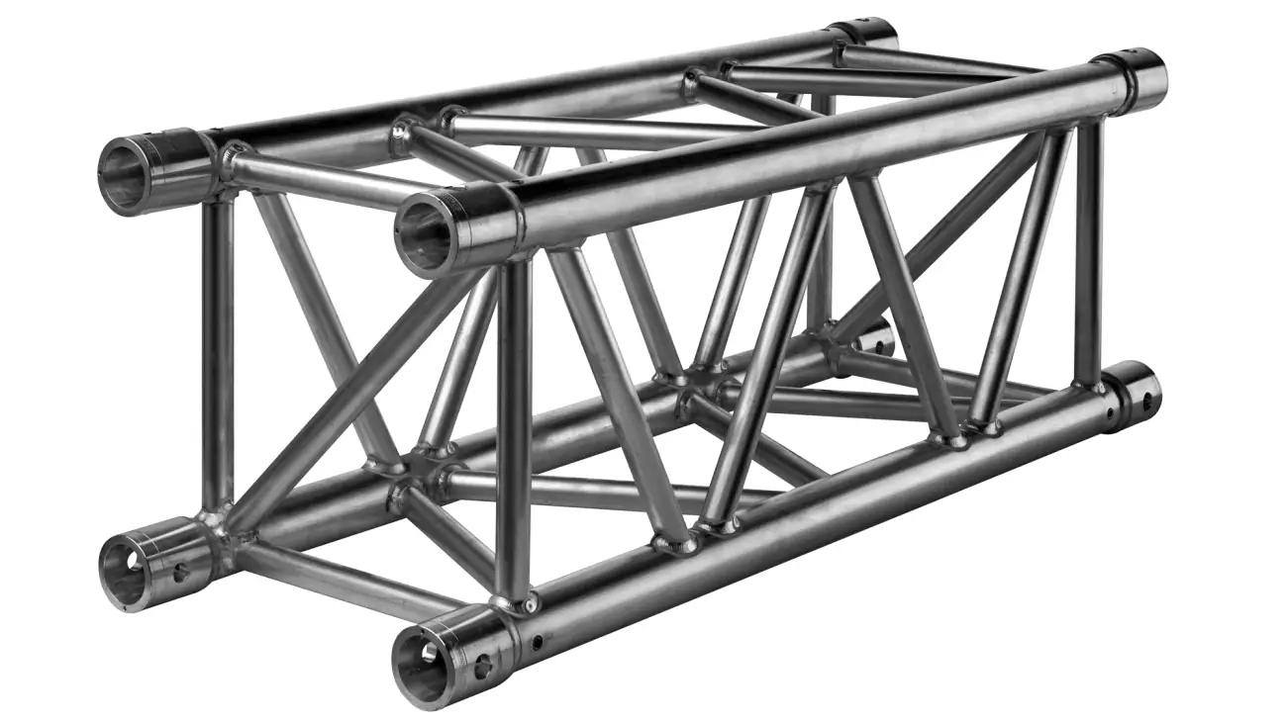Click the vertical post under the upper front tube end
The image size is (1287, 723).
(x=513, y=425)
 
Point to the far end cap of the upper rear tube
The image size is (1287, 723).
(x=863, y=33)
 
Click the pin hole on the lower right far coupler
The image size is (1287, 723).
(x=1148, y=402)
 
